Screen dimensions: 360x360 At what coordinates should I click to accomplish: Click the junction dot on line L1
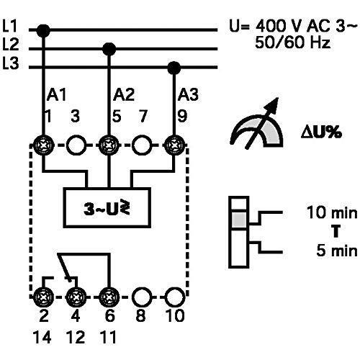click(43, 30)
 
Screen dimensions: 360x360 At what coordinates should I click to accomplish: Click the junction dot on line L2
click(109, 49)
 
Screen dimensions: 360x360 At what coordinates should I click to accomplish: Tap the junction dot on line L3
click(174, 68)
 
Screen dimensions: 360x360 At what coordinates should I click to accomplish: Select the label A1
click(56, 95)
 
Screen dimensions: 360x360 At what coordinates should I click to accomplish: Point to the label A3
click(188, 95)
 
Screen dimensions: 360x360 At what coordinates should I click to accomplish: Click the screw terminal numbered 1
click(43, 145)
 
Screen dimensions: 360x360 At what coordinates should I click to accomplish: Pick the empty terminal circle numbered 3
click(76, 145)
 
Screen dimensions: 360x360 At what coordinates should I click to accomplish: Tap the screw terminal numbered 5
click(109, 145)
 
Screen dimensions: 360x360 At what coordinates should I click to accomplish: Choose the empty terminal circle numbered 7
click(142, 145)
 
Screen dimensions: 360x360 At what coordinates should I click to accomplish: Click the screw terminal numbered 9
click(174, 145)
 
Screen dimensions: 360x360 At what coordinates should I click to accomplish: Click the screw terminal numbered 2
click(43, 297)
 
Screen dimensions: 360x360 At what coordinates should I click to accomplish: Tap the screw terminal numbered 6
click(109, 297)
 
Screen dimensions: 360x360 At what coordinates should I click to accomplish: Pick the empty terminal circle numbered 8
click(142, 297)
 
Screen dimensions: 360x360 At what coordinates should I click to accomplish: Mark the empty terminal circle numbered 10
click(175, 297)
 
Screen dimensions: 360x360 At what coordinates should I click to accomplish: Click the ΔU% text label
click(321, 132)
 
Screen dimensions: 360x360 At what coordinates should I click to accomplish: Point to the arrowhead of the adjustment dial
click(274, 103)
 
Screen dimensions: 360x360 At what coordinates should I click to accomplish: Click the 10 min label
click(332, 212)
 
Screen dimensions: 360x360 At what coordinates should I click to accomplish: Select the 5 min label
click(337, 251)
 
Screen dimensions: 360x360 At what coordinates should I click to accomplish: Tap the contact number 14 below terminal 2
click(42, 337)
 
